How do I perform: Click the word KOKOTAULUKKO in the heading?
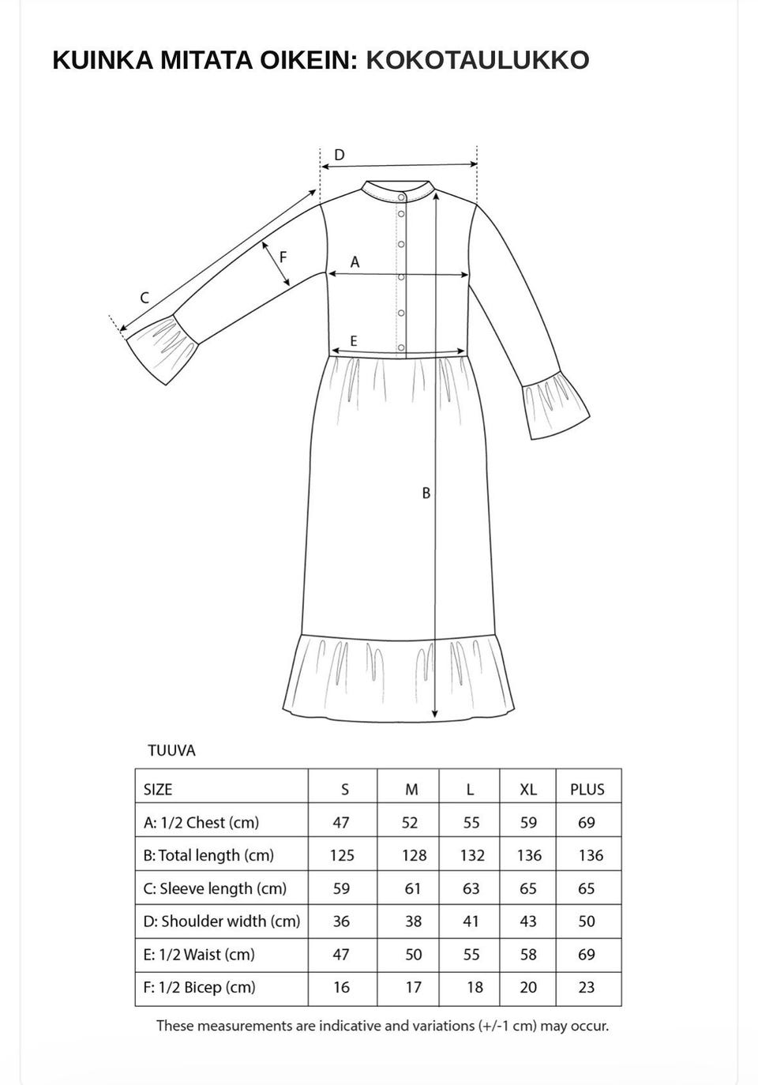pos(477,60)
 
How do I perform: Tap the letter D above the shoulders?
pos(340,155)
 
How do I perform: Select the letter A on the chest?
pos(355,261)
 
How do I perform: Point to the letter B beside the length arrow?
pos(426,493)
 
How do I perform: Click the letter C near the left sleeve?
pos(144,298)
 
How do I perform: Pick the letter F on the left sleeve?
pos(283,257)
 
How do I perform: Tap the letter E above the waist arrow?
pos(354,341)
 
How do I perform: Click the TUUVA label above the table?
pos(171,751)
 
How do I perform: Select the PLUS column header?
pos(587,790)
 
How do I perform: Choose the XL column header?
pos(528,790)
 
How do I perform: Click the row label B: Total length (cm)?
pos(208,855)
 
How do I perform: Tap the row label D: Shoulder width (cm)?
pos(221,922)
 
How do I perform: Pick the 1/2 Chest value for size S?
pos(341,823)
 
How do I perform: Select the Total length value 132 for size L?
pos(472,855)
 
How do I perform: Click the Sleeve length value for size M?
pos(413,888)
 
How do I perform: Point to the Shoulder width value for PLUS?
pos(587,922)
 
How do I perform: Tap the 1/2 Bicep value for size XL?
pos(528,987)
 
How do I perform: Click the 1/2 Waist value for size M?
pos(413,955)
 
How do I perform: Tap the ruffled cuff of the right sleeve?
pos(555,409)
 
